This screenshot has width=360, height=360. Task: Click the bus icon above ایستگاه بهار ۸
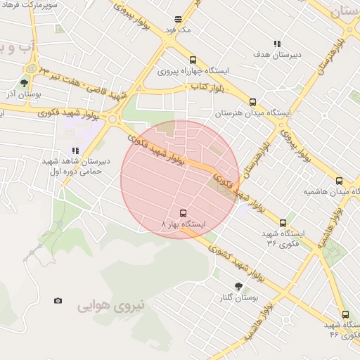pos(184,212)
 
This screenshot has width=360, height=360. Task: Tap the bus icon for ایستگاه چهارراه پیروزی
pos(193,60)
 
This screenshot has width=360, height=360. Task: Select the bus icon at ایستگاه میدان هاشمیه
pos(339,181)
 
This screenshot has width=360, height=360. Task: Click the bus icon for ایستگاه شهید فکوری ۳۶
pos(283,223)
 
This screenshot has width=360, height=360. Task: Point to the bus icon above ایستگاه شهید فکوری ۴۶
pos(345,314)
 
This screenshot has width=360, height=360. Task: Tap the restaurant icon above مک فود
pos(178,19)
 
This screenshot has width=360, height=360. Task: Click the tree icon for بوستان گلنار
pos(238,286)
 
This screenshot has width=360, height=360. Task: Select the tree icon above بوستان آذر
pos(24,83)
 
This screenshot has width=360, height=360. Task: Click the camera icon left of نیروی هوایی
pos(58,301)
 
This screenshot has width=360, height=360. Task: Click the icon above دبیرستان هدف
pos(276,44)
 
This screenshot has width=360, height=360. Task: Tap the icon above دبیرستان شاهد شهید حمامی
pos(75,150)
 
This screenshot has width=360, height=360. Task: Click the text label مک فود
pos(178,30)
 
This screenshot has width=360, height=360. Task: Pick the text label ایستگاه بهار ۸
pos(184,224)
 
